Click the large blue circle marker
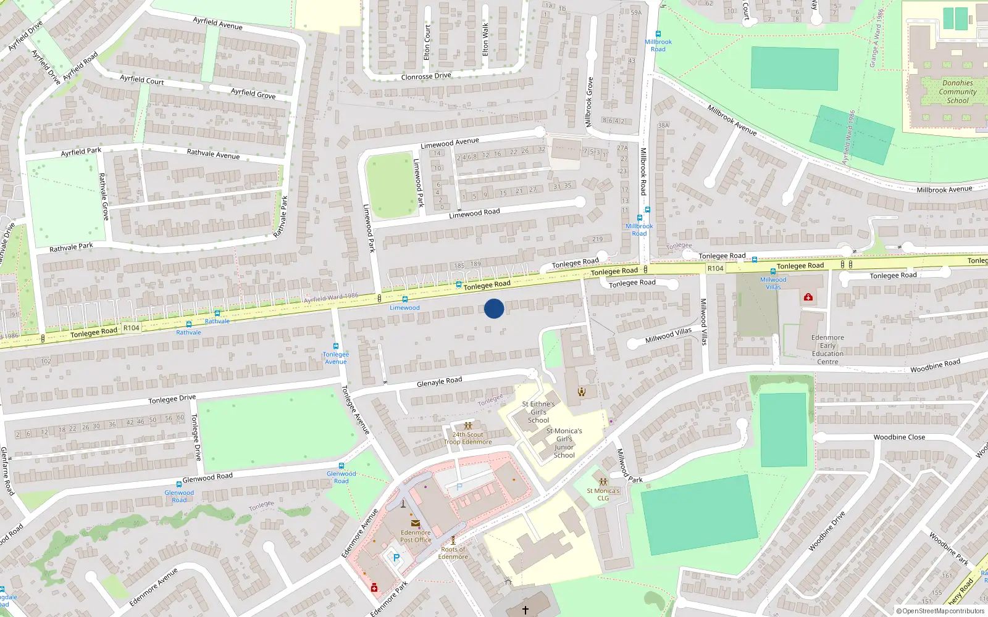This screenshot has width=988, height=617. coord(494,308)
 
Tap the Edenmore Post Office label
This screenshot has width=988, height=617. coord(416,536)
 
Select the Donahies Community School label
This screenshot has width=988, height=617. coord(957,92)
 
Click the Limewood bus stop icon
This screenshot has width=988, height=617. coord(405,299)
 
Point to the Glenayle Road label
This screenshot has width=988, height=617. coord(439,382)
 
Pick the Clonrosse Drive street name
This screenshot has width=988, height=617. coord(426,77)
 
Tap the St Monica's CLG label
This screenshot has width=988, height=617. coord(603,495)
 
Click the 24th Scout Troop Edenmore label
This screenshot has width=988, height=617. coord(468,438)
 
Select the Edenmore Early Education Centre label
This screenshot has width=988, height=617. coord(827,350)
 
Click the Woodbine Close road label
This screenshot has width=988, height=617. coord(899,437)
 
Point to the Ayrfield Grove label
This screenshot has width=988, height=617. coord(253,93)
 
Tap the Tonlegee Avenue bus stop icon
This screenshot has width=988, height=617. coord(336,347)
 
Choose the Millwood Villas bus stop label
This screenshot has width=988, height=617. coord(773,283)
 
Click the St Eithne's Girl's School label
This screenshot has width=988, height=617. coord(538,412)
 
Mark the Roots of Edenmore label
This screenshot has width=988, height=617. coord(453,553)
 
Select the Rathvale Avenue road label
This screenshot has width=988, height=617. coord(213,154)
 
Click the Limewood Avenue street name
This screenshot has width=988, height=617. coord(450,143)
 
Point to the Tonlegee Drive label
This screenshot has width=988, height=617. coord(172,399)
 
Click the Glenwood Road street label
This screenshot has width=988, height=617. coord(207,478)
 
